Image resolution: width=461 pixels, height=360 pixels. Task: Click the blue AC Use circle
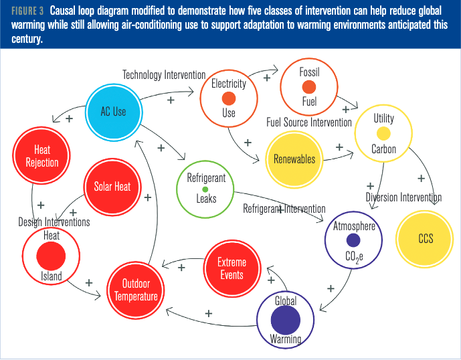click(x=113, y=112)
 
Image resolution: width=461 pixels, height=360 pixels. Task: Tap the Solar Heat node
click(x=112, y=187)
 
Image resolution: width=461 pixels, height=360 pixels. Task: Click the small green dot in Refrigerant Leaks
click(x=205, y=189)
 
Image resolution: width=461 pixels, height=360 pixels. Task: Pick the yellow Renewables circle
click(x=294, y=159)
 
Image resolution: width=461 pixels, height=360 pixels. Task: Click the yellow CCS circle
click(x=426, y=238)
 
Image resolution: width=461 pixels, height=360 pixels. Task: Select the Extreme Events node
click(x=232, y=268)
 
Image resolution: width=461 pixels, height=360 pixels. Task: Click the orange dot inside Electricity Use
click(x=229, y=98)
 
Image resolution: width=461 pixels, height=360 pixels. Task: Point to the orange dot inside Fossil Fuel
click(x=308, y=88)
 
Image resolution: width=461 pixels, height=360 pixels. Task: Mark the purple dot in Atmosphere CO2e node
click(x=353, y=240)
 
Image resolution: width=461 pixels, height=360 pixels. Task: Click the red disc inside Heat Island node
click(x=52, y=256)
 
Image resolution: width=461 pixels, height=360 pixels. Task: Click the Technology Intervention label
click(x=164, y=75)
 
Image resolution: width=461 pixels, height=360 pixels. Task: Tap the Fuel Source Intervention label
click(x=308, y=122)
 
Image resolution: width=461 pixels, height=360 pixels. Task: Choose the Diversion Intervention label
click(x=403, y=197)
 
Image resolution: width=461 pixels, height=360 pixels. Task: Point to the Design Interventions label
click(x=54, y=222)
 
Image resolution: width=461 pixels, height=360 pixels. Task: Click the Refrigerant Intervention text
click(x=284, y=209)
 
